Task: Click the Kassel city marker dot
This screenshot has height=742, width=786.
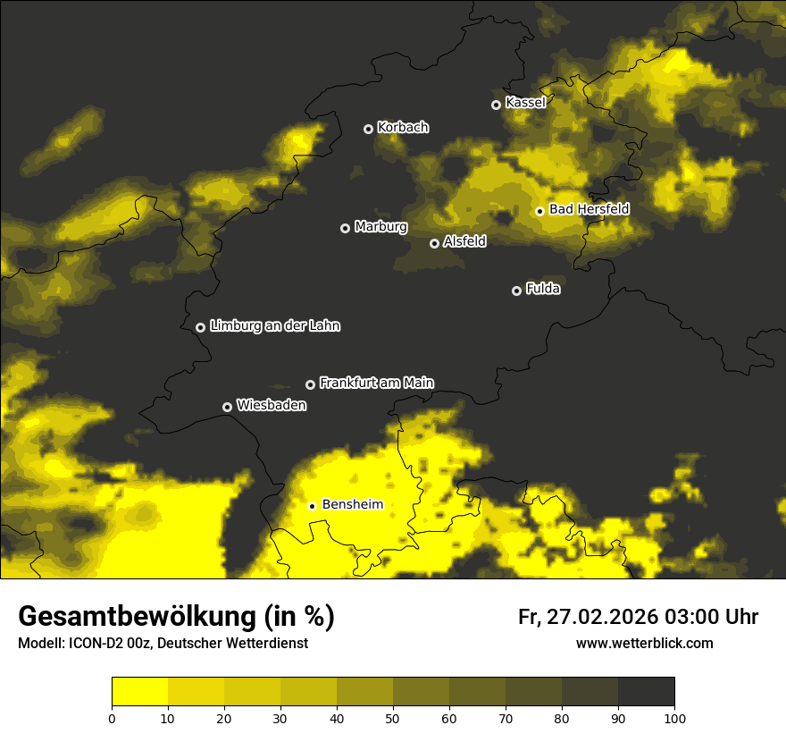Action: coord(497,105)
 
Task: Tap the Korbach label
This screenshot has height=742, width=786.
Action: coord(403,128)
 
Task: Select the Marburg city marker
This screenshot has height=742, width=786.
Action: coord(346,228)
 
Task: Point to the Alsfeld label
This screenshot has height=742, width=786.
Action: coord(464,241)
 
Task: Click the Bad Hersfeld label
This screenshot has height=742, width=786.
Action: coord(589,209)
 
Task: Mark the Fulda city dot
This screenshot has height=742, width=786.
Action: coord(516,291)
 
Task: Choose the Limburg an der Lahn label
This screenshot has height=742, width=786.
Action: coord(274,326)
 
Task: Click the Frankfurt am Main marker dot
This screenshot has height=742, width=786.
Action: coord(311,384)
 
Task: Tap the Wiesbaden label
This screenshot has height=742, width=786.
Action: coord(271,406)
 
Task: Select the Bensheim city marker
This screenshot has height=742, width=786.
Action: coord(313,506)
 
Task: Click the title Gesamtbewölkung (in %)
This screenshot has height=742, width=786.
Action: coord(176,617)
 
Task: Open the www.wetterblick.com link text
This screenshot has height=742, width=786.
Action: coord(644,644)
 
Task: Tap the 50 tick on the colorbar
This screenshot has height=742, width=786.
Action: coord(393,718)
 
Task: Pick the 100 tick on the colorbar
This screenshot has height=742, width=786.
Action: coord(674,718)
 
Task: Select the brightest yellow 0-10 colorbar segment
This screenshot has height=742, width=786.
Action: coord(139,691)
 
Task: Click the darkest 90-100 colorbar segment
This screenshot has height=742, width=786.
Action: coord(646,691)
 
